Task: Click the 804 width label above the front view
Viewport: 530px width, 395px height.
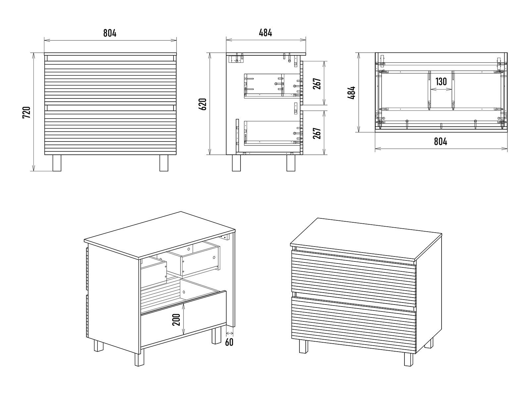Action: click(x=110, y=33)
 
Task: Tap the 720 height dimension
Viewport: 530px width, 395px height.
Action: click(x=26, y=112)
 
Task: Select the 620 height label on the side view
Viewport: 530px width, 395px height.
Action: click(x=203, y=104)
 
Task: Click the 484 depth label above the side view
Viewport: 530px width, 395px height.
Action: click(x=265, y=33)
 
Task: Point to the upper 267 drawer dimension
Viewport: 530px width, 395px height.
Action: click(x=317, y=84)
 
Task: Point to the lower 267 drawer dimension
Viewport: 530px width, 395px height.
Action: click(x=317, y=133)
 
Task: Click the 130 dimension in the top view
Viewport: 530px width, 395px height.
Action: click(x=441, y=82)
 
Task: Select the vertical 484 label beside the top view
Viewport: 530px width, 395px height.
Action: click(x=352, y=92)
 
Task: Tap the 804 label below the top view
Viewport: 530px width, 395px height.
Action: click(x=441, y=141)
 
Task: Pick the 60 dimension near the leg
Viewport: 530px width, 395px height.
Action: click(x=229, y=342)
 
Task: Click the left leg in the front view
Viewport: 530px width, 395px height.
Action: click(x=57, y=163)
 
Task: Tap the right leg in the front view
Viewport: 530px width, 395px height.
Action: click(x=164, y=163)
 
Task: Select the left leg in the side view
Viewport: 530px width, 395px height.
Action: click(x=236, y=163)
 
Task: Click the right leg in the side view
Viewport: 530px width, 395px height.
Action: click(x=291, y=163)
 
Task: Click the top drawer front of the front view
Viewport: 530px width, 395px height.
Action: click(x=110, y=83)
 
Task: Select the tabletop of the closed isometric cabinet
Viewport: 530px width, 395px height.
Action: click(x=367, y=241)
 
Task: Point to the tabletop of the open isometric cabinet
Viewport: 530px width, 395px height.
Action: click(x=160, y=236)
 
